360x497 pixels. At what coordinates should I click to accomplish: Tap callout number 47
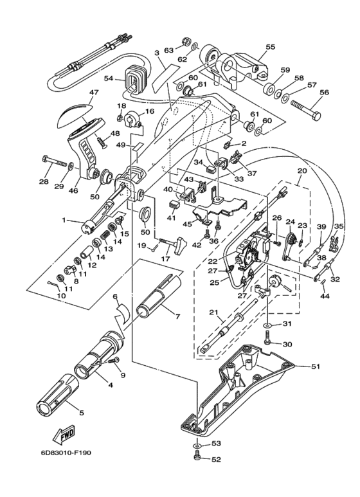coord(94,92)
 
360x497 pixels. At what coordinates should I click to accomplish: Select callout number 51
coord(315,367)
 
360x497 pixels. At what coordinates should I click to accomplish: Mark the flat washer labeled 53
coord(197,446)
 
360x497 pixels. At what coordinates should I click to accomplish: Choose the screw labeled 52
coord(197,456)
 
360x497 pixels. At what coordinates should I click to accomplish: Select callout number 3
coord(156,53)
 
